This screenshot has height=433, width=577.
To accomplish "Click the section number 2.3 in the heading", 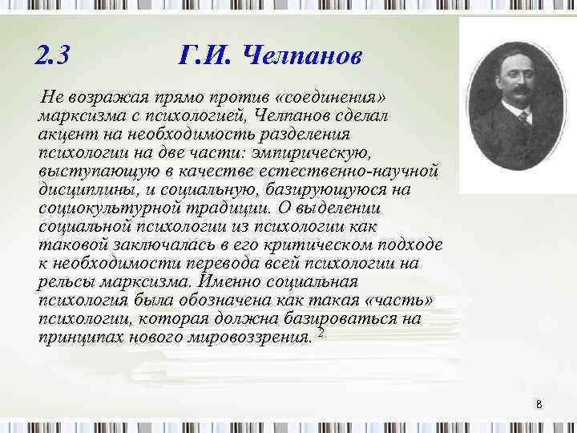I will (54, 56).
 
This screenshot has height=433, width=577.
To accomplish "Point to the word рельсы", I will (63, 281).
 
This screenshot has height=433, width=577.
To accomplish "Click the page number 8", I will (539, 405).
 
